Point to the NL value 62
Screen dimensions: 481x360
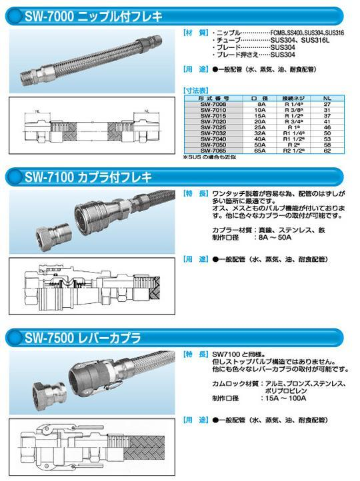326,151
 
